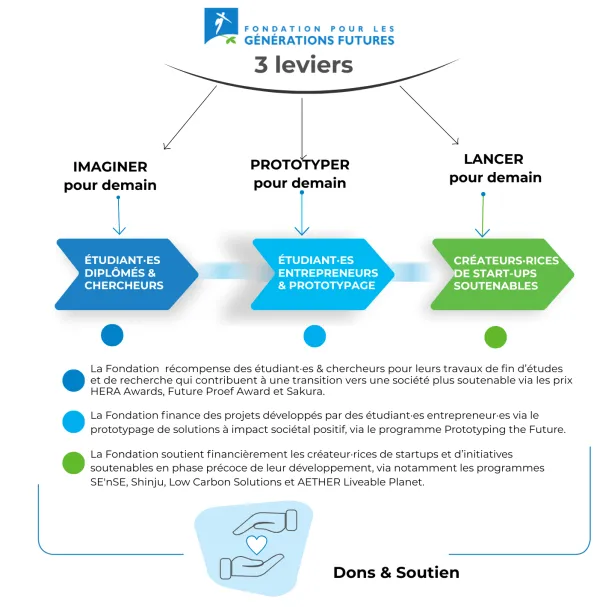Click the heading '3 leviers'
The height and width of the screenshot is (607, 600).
[301, 65]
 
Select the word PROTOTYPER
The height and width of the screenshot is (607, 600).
[300, 164]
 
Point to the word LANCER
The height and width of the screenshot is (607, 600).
[493, 159]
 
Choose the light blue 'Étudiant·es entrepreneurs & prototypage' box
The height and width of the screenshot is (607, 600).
[314, 273]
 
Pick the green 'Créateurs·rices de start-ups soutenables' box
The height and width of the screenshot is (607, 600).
[497, 273]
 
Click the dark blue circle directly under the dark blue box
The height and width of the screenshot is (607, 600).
[112, 335]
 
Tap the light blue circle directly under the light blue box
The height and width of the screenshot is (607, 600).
[315, 336]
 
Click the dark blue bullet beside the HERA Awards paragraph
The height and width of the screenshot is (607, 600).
[73, 380]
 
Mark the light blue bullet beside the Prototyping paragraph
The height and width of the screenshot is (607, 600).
[73, 422]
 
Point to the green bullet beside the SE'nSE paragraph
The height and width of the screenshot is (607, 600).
[73, 461]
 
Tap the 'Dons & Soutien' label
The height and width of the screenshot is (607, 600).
[396, 573]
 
